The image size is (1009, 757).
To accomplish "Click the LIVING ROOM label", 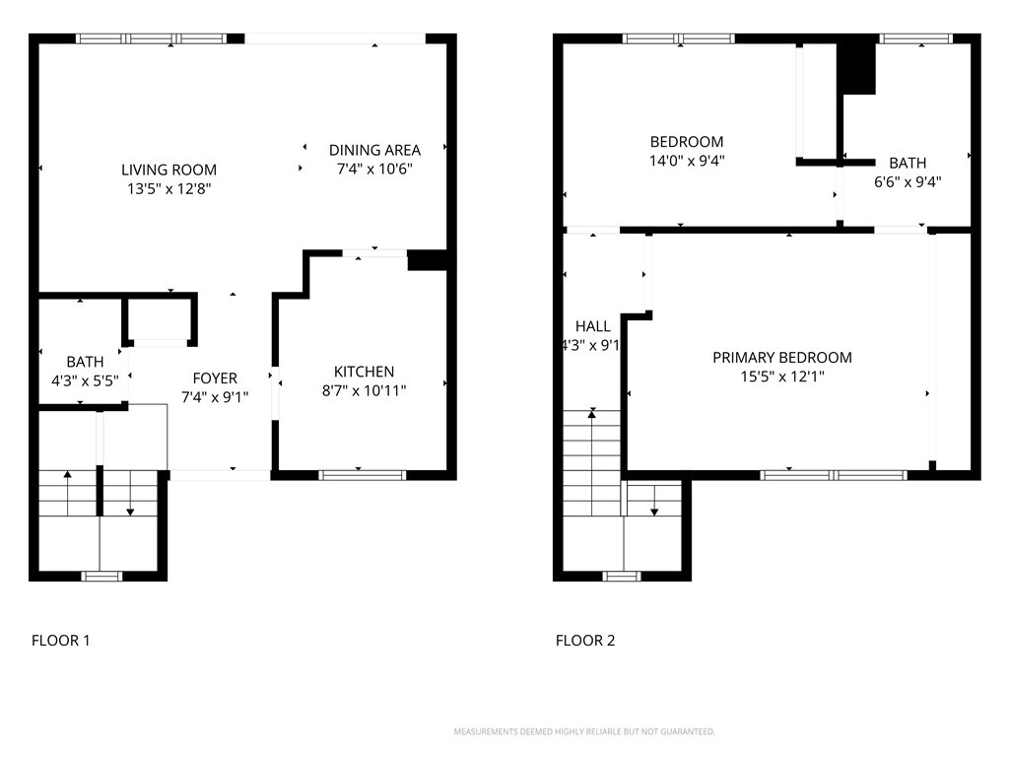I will pos(168,170).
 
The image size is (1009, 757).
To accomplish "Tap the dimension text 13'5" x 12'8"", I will pos(168,187).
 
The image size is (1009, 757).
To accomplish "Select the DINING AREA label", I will pos(374,150).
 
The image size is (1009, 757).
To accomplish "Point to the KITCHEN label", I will pos(364,372).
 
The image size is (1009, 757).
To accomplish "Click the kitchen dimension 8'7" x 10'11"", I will pos(364,390).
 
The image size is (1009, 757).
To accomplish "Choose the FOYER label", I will pos(214,378).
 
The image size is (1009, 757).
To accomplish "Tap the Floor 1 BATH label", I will pos(85,362).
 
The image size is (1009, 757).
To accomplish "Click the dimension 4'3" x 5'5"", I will pos(85,379).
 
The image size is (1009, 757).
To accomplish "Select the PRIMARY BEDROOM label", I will pos(781,358).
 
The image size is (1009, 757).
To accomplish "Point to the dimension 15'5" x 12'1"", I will pos(781,377).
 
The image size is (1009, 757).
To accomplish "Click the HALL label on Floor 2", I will pos(592,326).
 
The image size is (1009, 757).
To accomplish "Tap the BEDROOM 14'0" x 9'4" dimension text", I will pos(687,160).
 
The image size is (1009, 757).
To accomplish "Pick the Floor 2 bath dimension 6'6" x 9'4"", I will pos(908,181).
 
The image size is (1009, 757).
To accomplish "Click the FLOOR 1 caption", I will pos(61,641).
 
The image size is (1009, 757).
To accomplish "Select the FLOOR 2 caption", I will pos(585,641).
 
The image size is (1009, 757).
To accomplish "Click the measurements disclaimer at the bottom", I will pos(584,731).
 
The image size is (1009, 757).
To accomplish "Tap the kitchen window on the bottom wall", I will pos(363,475).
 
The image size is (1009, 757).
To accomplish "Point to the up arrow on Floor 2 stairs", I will pos(592,415).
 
